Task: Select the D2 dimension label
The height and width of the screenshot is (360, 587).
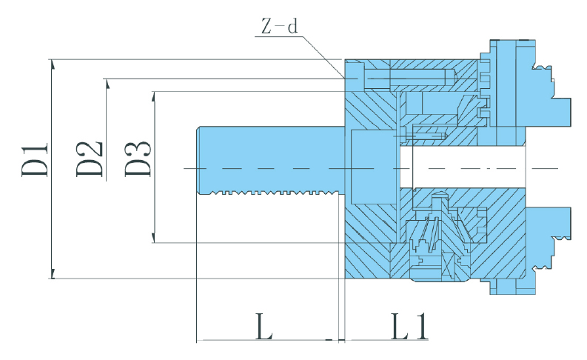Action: click(90, 158)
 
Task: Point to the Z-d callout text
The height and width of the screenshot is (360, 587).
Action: click(279, 27)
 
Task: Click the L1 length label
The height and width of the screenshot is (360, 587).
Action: click(409, 326)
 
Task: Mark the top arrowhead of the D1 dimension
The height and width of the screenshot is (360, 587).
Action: click(53, 65)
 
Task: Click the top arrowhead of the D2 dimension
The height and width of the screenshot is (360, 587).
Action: click(107, 83)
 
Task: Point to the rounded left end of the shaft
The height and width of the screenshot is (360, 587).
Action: click(200, 160)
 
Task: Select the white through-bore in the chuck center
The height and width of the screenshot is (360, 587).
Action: click(459, 167)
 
